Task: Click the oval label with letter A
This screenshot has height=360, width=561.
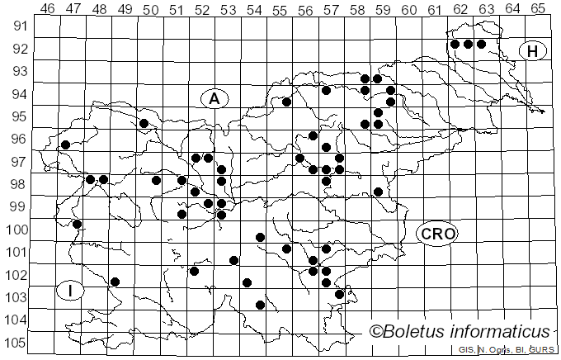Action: pyautogui.click(x=214, y=99)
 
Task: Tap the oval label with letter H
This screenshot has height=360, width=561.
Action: pyautogui.click(x=533, y=51)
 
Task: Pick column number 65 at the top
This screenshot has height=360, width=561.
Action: pyautogui.click(x=537, y=9)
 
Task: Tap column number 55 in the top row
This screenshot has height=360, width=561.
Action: pyautogui.click(x=279, y=9)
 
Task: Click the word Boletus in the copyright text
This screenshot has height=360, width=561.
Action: pyautogui.click(x=419, y=332)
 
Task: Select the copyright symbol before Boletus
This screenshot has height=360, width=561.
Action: pyautogui.click(x=376, y=332)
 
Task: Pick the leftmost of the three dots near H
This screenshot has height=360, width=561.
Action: pyautogui.click(x=455, y=45)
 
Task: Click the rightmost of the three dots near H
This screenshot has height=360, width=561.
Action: pyautogui.click(x=481, y=45)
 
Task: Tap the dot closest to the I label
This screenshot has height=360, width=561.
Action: pyautogui.click(x=115, y=282)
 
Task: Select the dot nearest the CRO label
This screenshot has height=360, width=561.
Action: pyautogui.click(x=378, y=192)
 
